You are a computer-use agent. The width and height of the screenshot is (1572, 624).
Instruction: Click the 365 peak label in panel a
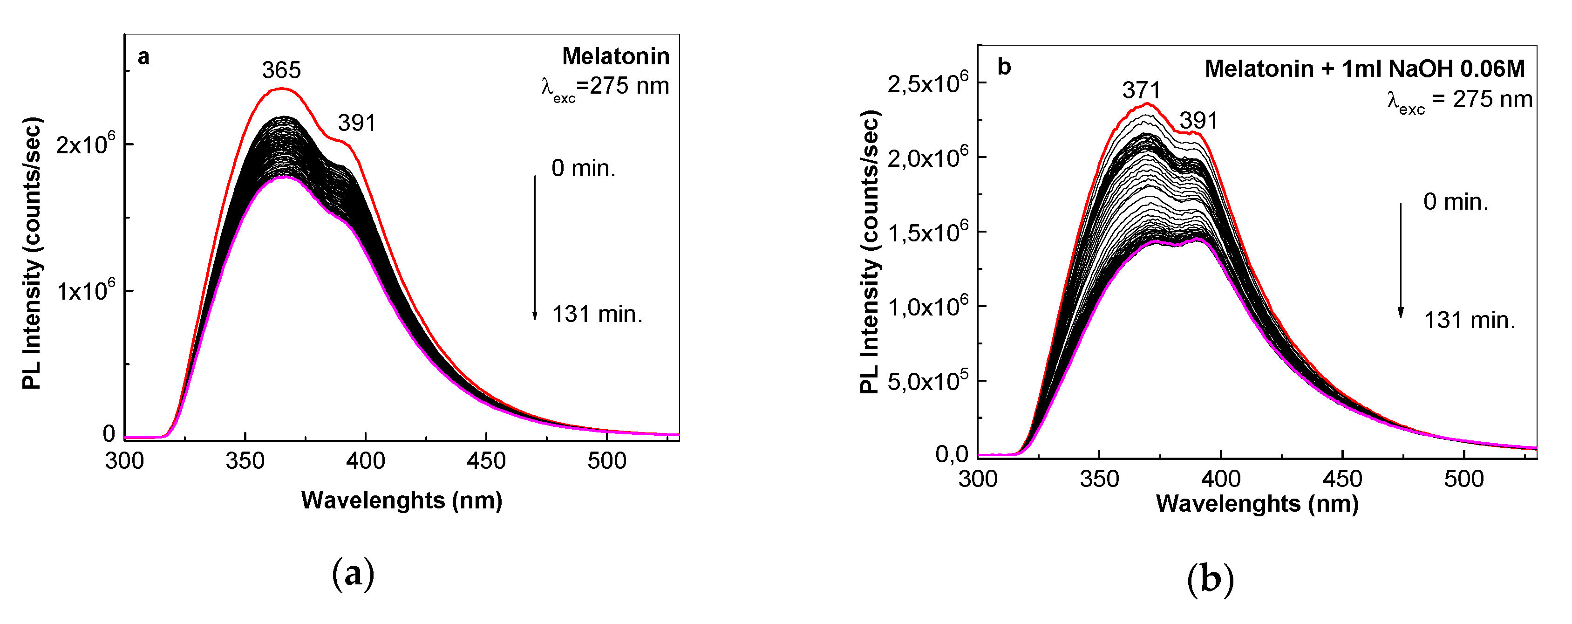[x=281, y=70]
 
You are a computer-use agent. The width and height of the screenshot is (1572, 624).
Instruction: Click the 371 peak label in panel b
[x=1141, y=90]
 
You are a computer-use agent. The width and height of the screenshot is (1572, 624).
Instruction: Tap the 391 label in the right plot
[x=1198, y=120]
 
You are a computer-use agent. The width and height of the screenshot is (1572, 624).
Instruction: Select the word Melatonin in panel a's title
[x=615, y=56]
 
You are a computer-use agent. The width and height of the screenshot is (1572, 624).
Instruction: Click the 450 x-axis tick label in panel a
[x=486, y=461]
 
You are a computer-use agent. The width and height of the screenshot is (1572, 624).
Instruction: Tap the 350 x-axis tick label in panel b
[x=1099, y=479]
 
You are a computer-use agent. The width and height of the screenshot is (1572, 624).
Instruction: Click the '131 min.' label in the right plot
[x=1470, y=320]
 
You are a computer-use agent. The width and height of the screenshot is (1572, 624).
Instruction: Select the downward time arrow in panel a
[x=535, y=247]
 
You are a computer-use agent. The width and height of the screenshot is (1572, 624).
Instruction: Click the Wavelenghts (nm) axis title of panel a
[x=402, y=500]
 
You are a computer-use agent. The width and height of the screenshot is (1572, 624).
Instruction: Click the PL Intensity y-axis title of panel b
[x=869, y=252]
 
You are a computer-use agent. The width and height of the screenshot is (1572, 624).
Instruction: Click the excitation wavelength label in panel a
[x=605, y=87]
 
